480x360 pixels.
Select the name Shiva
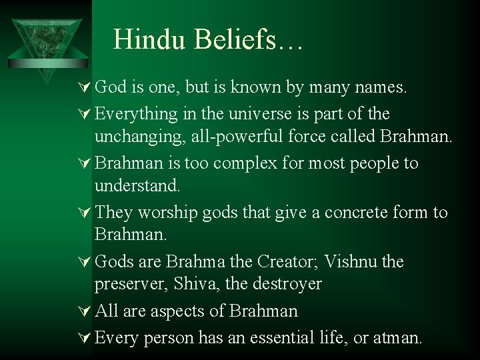[191, 284]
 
